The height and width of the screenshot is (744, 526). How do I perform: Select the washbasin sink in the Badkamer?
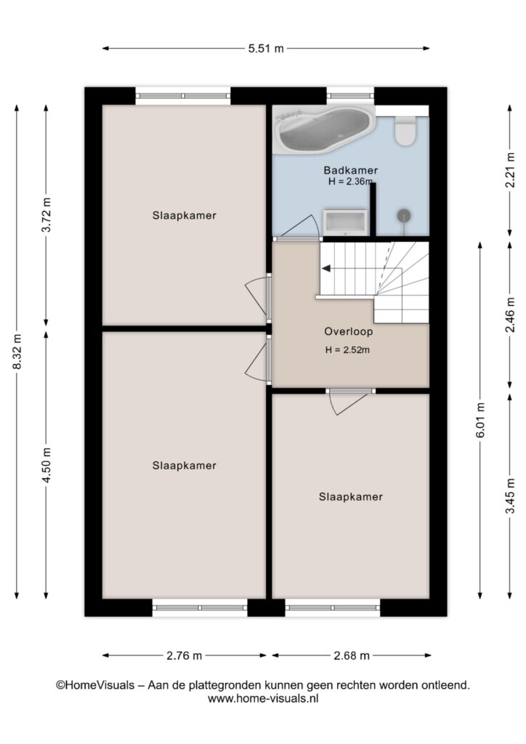tap(345, 222)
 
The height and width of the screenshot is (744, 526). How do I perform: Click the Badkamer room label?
tap(350, 170)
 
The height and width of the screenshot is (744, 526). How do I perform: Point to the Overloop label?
tap(348, 331)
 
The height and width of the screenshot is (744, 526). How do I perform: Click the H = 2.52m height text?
tap(347, 350)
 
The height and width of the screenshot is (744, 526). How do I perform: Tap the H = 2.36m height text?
tap(350, 181)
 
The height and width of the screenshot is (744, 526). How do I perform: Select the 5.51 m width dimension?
tap(266, 48)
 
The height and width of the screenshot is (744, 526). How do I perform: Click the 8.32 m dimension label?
tap(17, 351)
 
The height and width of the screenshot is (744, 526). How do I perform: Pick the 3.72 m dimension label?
tap(46, 214)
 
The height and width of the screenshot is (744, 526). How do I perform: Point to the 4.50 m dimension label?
tap(46, 465)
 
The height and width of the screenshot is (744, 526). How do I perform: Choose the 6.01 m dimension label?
tap(480, 420)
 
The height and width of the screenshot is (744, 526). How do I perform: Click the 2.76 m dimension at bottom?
tap(184, 655)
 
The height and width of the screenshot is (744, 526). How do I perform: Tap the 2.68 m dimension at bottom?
tap(352, 655)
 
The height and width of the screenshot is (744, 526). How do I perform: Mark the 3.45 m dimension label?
tap(510, 496)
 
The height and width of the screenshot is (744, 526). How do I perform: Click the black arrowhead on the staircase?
tap(326, 269)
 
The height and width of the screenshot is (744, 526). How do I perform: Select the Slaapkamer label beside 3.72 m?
tap(184, 215)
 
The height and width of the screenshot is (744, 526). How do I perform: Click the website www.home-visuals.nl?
tap(263, 698)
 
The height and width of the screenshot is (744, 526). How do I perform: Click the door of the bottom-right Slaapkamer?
tap(349, 401)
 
